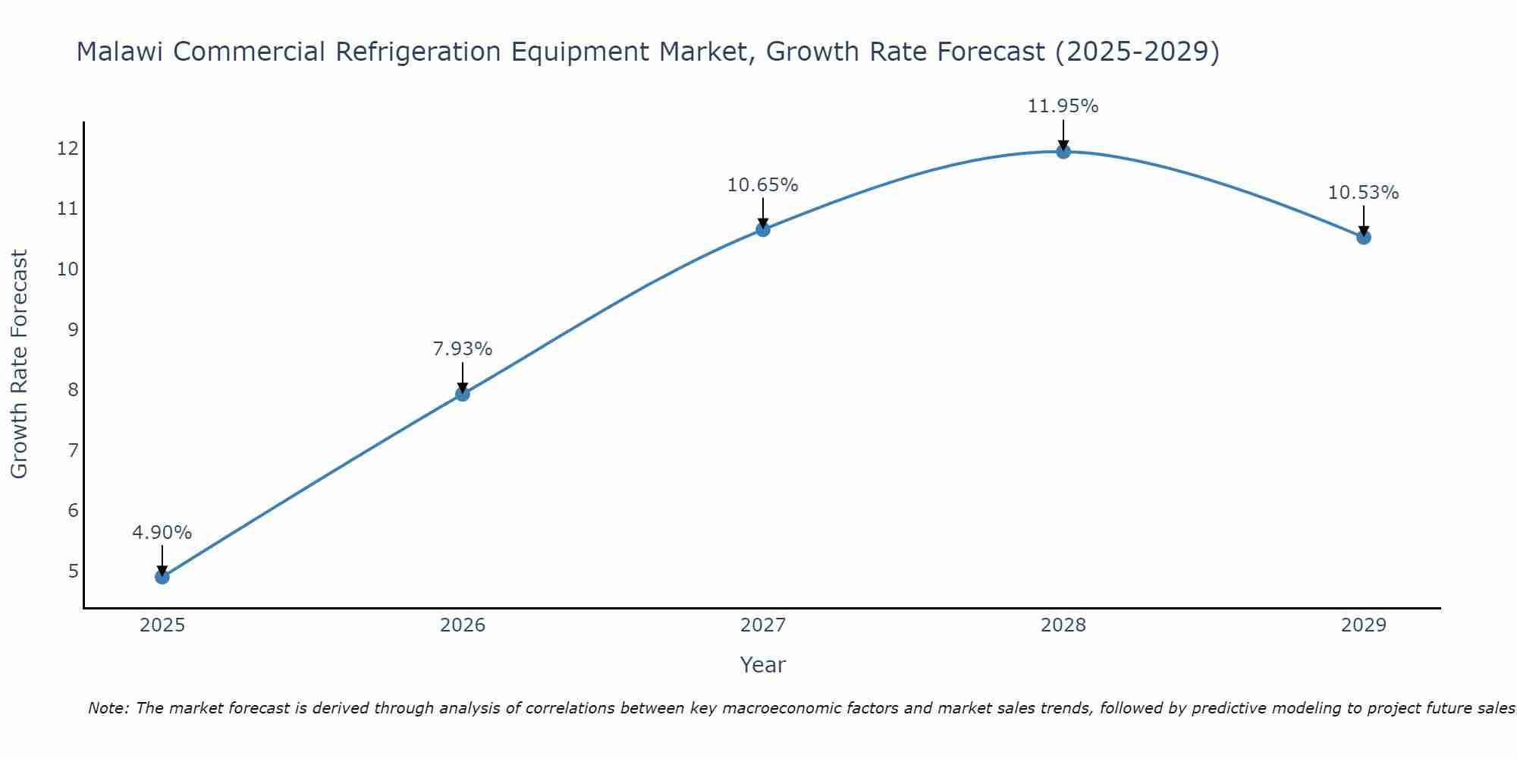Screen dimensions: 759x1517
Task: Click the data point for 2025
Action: click(162, 577)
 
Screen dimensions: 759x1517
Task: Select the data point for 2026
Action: click(463, 394)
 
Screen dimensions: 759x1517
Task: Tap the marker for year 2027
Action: click(763, 229)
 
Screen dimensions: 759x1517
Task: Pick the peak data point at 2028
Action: click(1063, 151)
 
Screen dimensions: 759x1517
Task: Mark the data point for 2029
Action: click(1364, 237)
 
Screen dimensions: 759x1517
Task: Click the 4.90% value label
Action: click(162, 533)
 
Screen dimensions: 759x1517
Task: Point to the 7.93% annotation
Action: click(463, 349)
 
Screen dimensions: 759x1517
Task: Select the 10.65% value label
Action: click(763, 185)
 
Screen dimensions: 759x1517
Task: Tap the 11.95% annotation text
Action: click(1063, 106)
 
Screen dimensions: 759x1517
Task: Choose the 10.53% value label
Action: click(1364, 193)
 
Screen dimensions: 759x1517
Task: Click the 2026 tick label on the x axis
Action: click(463, 625)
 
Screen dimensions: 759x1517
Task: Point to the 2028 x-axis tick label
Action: click(1063, 625)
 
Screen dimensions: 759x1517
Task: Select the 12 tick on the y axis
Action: click(68, 148)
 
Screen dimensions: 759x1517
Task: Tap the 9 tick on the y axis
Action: click(73, 329)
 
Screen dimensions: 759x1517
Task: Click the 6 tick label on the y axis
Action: click(73, 510)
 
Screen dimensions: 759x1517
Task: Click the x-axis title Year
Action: click(763, 665)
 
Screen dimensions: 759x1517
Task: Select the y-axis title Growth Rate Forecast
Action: click(20, 364)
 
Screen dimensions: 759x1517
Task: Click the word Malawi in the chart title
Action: click(122, 52)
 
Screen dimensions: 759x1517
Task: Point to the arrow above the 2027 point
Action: click(763, 212)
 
